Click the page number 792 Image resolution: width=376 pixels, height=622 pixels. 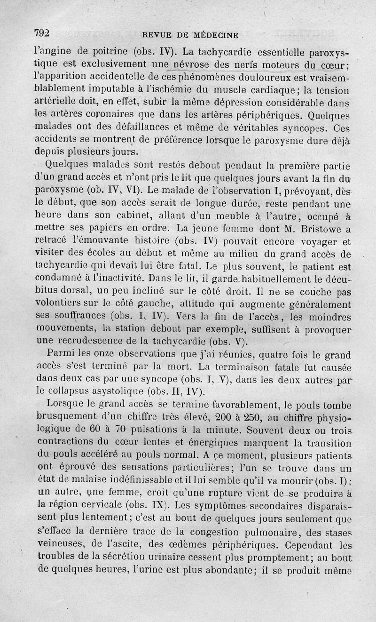click(x=42, y=33)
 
